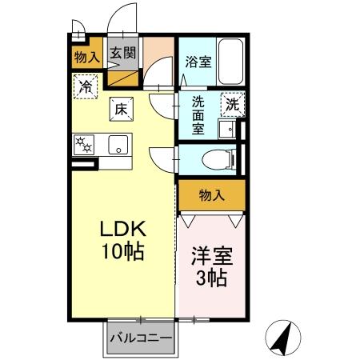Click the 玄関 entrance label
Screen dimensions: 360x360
123,54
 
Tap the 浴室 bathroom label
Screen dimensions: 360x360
199,61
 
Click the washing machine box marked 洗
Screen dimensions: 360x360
231,103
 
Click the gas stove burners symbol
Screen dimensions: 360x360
83,145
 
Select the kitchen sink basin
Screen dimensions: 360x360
118,146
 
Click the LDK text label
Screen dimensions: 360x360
121,230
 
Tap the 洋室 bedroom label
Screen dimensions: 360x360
209,259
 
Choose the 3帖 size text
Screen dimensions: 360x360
209,280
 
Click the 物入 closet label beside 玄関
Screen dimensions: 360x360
86,56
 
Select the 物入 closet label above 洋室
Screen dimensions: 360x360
210,194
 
